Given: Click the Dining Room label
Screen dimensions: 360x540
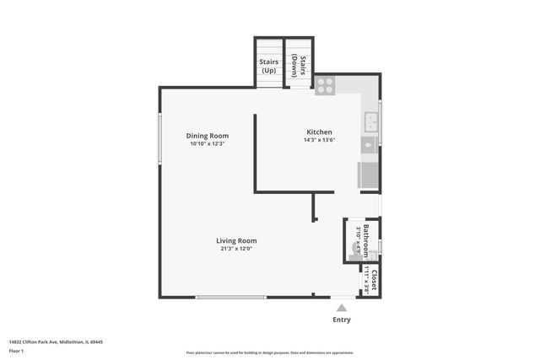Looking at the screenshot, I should point(208,136).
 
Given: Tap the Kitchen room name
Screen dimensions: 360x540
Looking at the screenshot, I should point(319,132).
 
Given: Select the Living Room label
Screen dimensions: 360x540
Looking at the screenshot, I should point(236,240).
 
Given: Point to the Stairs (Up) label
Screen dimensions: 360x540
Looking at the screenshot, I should point(269,66).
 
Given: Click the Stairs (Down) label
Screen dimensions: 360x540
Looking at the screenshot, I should point(298,66).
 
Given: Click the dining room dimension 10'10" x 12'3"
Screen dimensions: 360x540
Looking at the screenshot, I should point(208,144).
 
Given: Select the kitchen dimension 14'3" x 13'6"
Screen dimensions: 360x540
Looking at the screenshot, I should point(319,141).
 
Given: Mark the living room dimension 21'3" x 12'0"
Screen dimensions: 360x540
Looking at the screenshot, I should point(236,249).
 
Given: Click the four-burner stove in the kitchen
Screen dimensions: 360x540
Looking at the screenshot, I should point(325,85).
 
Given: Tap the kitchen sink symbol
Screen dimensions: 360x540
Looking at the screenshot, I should point(370,124).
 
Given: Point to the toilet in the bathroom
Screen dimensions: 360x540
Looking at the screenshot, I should point(355,248).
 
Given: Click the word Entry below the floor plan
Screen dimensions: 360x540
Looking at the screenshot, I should point(342,320).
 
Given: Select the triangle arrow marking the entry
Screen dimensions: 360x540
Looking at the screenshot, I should point(342,309).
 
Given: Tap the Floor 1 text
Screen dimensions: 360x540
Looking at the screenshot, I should point(15,350).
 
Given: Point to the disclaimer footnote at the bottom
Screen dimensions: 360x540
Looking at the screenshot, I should point(270,353).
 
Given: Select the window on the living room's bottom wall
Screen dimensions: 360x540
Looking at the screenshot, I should point(231,297).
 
